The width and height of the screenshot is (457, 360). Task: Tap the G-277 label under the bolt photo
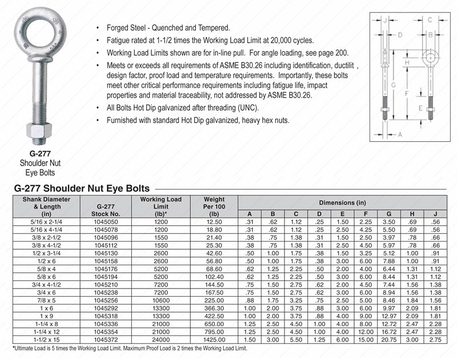(38, 154)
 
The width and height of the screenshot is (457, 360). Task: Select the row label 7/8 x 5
(46, 300)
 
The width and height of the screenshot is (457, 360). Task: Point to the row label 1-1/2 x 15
(46, 339)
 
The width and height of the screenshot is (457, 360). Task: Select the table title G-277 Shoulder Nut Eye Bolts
(82, 188)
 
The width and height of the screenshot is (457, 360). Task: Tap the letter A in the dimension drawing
(398, 135)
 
